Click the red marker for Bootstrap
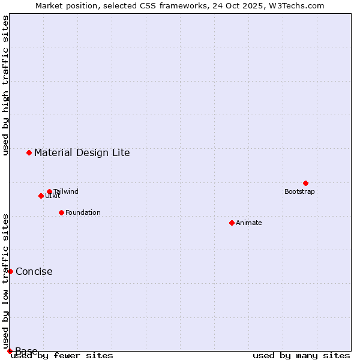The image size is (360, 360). coord(305,183)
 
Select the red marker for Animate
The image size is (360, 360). coord(232,223)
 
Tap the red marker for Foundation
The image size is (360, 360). coord(61,212)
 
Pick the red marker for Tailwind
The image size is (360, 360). coord(49,192)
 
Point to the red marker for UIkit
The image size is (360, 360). coord(41,196)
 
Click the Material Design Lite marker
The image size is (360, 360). coord(29,152)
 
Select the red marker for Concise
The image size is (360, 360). coord(10,271)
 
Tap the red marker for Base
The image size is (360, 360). coord(10,351)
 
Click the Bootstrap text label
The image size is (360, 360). coord(299,192)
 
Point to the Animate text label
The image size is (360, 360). coord(249,223)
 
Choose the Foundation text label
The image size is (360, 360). coord(83,213)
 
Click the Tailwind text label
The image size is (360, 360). coord(65,192)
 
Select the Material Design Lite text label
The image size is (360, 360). coord(82,152)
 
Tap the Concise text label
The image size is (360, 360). coord(34,272)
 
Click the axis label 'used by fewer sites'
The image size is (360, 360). coord(62,356)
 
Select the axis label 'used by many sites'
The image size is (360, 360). coord(301,356)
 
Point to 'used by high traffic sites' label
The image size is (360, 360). coord(6,85)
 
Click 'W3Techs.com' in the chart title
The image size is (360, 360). coord(298,6)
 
